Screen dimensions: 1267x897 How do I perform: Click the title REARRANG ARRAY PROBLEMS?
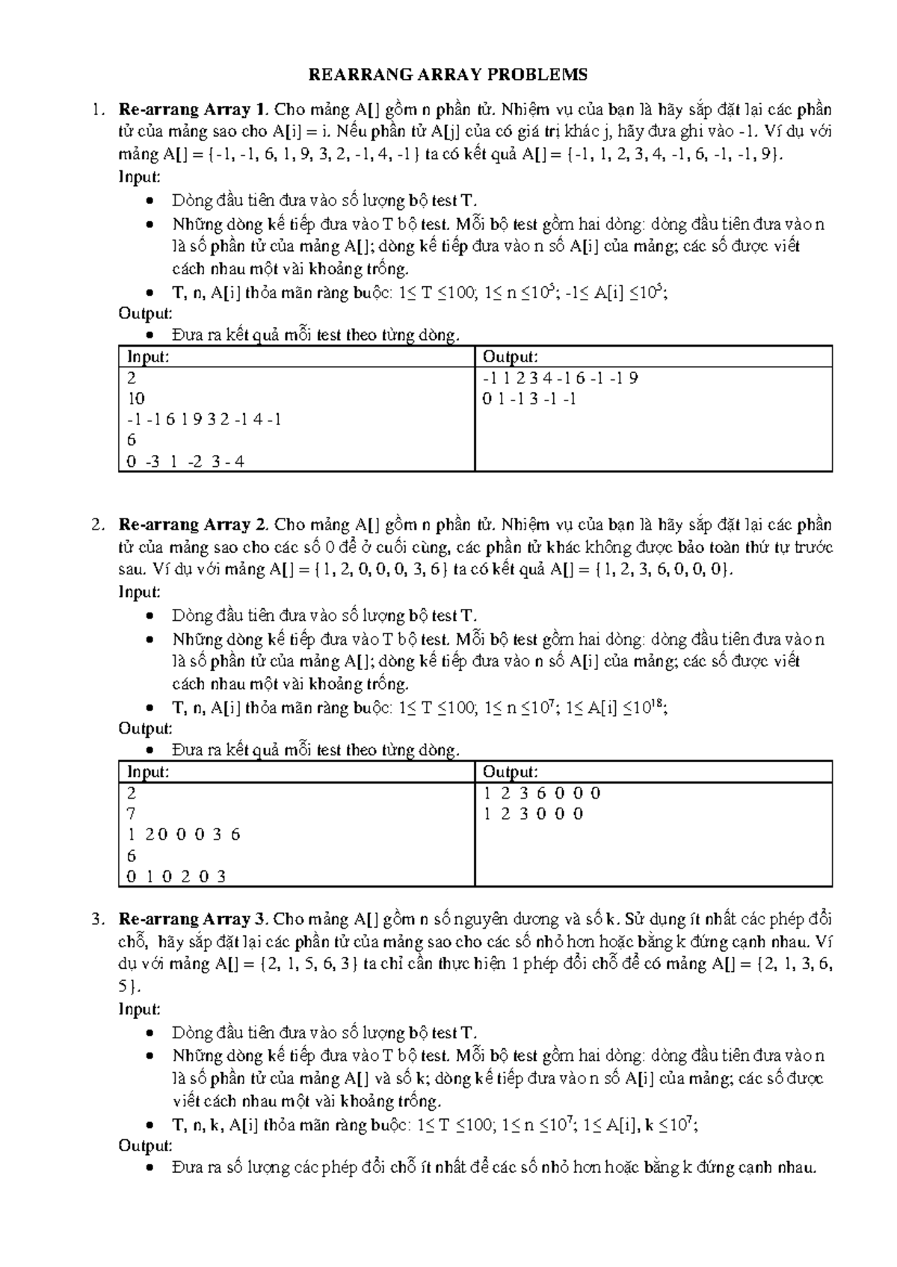449,75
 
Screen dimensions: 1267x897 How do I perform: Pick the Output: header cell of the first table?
511,357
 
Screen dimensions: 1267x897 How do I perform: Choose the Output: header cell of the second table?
511,772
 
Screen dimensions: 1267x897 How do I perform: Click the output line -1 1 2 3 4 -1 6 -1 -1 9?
561,378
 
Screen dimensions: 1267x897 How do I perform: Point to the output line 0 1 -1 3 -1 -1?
529,399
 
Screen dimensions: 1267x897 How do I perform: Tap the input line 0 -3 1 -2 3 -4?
185,462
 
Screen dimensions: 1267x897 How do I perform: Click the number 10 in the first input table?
136,399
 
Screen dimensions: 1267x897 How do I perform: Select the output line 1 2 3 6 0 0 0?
542,793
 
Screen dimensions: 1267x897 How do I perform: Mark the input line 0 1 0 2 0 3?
176,876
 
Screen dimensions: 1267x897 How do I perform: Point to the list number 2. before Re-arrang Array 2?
96,525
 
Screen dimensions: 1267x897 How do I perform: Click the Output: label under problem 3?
146,1146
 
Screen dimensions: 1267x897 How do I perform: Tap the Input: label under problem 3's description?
140,1010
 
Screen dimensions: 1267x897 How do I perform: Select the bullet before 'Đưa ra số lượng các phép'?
152,1169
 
